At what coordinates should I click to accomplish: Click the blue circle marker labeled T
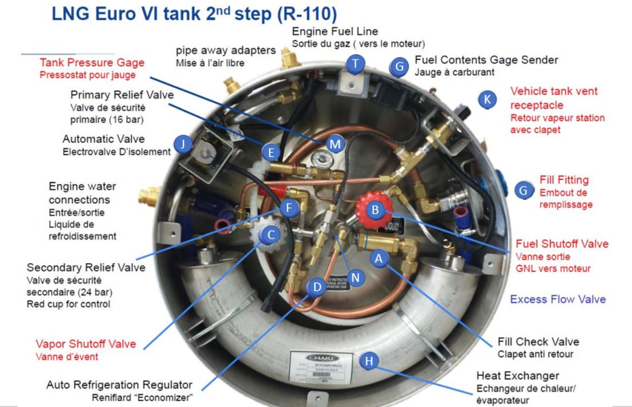(356, 65)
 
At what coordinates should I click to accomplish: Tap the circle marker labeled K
(486, 99)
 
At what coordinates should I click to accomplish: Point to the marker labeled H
(370, 361)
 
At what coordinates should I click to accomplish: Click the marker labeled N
(356, 277)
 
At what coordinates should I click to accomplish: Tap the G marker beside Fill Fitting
(524, 191)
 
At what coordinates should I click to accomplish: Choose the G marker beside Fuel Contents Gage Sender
(400, 66)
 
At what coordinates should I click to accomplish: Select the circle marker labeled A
(378, 258)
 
